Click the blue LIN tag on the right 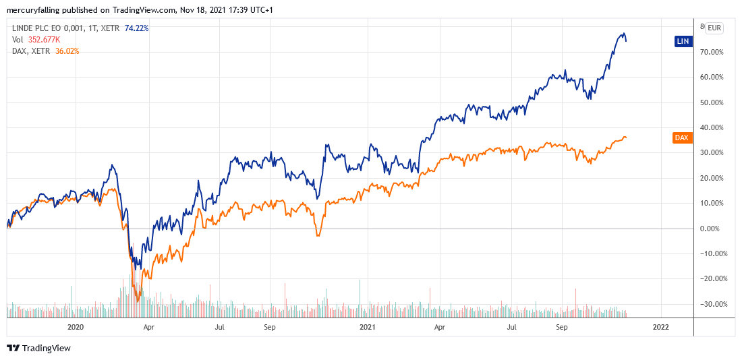(x=683, y=41)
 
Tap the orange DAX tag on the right (x=682, y=138)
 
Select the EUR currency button (x=714, y=28)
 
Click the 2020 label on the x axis (x=75, y=327)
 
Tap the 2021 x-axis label (x=367, y=327)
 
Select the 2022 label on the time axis (x=660, y=327)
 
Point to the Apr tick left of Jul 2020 (x=149, y=327)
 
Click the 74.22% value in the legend (x=136, y=28)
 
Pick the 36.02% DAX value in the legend (x=66, y=50)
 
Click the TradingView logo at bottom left (x=38, y=349)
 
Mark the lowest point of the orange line (x=138, y=301)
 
